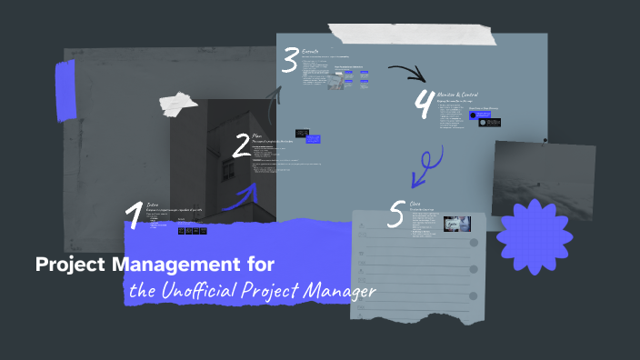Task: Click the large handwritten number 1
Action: pyautogui.click(x=135, y=215)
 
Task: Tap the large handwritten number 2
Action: pyautogui.click(x=241, y=146)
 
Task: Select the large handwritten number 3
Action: pyautogui.click(x=290, y=61)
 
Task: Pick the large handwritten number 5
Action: pyautogui.click(x=395, y=214)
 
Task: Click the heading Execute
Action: pyautogui.click(x=310, y=54)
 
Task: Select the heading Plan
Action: pyautogui.click(x=257, y=135)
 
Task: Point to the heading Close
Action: pyautogui.click(x=415, y=204)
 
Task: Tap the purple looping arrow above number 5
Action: pyautogui.click(x=425, y=165)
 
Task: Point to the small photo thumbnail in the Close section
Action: pyautogui.click(x=456, y=224)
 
